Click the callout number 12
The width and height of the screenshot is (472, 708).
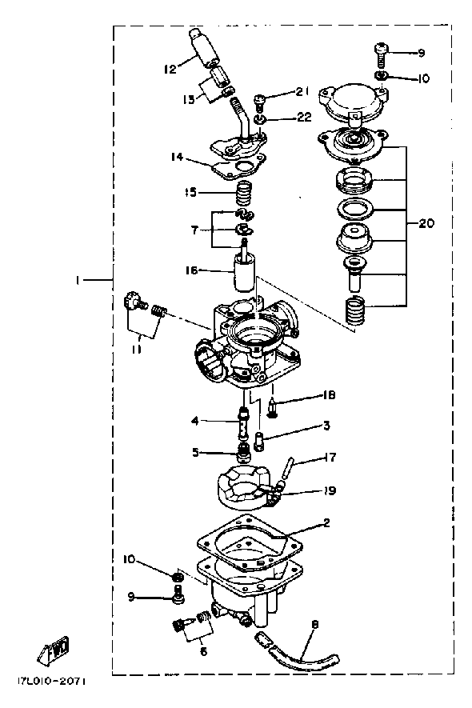coord(170,70)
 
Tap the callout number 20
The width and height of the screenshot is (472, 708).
coord(426,223)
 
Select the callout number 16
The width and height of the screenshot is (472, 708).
coord(191,270)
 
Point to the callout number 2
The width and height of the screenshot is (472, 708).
coord(326,523)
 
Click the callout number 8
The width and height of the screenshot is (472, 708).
coord(315,625)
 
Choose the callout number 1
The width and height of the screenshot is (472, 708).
coord(78,281)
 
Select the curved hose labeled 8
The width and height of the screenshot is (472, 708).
coord(302,655)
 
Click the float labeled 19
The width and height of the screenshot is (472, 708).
coord(246,489)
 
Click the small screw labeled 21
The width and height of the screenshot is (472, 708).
coord(261,102)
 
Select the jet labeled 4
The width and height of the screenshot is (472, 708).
coord(243,423)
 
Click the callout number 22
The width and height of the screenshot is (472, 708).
coord(305,117)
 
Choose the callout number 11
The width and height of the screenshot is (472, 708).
coord(136,349)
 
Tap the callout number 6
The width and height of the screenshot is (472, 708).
coord(203,651)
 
